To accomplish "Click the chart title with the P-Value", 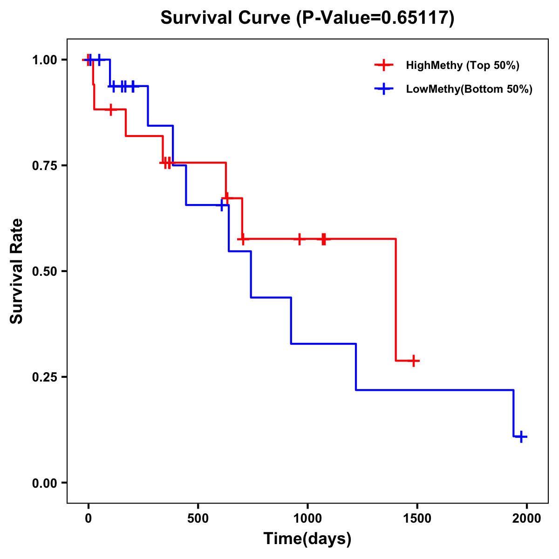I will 307,18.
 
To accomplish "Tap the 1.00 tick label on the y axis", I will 44,60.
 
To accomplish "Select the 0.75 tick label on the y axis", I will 44,166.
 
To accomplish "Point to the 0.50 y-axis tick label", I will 44,272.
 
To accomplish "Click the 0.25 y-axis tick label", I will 44,377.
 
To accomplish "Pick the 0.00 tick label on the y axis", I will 44,483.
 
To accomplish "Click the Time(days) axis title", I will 307,539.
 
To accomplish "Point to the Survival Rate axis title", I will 17,271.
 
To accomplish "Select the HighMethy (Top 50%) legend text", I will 463,65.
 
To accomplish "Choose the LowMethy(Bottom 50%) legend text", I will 469,89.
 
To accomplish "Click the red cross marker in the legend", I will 383,65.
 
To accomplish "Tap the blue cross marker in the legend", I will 383,89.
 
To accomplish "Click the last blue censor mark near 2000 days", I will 521,437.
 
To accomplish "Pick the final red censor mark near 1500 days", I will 413,361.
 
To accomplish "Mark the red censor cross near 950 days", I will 300,239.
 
